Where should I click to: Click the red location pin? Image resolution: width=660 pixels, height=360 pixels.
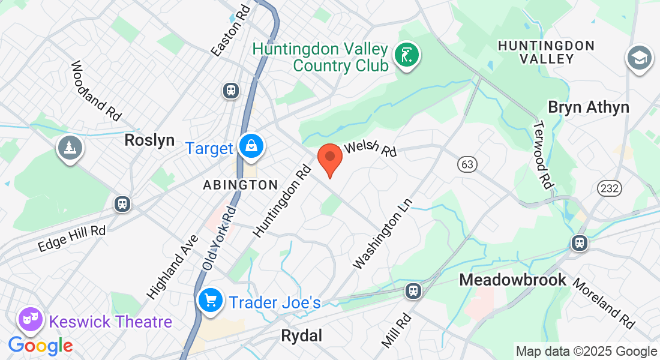329,158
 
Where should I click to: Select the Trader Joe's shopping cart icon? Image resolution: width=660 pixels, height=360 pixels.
210,300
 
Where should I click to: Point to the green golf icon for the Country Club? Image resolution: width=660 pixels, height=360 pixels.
407,55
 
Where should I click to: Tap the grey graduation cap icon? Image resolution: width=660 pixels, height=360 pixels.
640,58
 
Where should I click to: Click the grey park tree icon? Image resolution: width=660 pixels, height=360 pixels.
70,147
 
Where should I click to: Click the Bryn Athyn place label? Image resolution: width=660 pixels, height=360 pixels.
589,107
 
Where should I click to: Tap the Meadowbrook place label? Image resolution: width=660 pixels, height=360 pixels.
512,280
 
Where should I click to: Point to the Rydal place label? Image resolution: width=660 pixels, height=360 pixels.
301,336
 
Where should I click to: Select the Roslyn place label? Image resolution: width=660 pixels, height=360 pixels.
149,140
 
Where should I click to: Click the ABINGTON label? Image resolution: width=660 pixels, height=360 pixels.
240,185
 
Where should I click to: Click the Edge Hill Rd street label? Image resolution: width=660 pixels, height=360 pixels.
71,238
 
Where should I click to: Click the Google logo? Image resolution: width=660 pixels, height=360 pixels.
40,346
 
